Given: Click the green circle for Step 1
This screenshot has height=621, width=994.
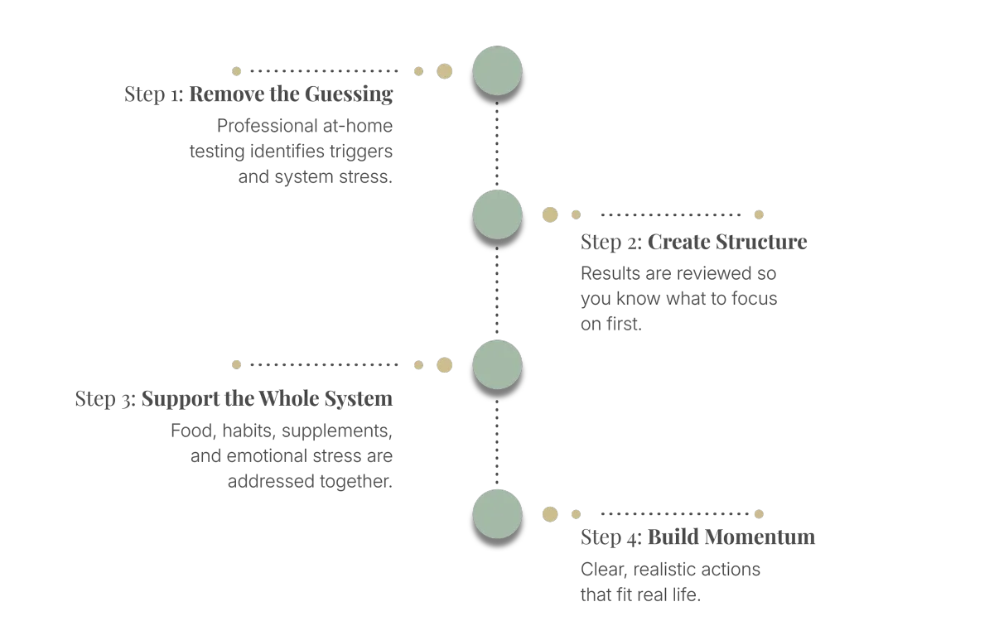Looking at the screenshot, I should pos(497,71).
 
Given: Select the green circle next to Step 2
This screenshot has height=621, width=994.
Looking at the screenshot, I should pos(497,214).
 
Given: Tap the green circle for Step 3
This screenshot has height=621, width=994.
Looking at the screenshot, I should pos(497,364).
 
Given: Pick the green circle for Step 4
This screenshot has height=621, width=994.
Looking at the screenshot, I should pos(497,514).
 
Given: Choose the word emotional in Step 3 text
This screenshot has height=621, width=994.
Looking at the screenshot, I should pos(265,456).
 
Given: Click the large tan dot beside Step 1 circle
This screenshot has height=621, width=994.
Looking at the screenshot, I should pos(445,71).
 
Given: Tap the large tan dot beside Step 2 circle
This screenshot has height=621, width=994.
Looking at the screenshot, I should pos(549,215).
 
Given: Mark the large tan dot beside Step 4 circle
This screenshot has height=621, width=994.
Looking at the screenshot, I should pos(549,514).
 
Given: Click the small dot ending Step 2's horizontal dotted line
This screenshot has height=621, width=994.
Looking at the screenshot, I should pos(758,214).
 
